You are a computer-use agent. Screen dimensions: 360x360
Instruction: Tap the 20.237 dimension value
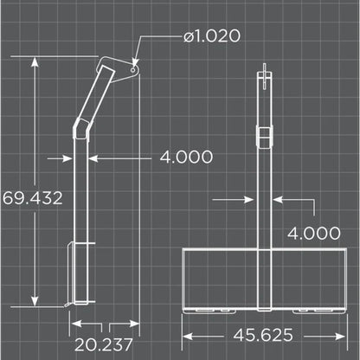click(102, 344)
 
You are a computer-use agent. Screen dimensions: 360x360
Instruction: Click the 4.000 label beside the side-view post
click(186, 157)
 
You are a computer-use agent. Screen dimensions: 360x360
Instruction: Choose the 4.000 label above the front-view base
click(314, 232)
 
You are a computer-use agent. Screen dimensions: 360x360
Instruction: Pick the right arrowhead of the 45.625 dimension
click(343, 334)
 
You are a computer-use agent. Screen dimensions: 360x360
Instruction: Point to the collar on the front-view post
click(264, 134)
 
